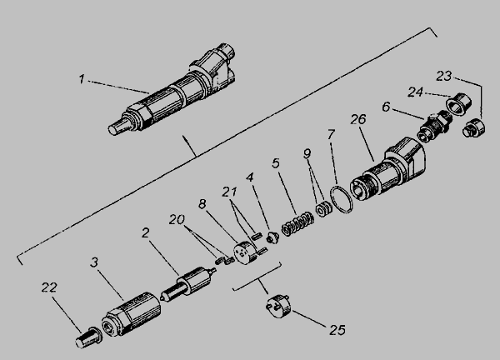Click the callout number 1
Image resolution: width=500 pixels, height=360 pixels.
coord(82,79)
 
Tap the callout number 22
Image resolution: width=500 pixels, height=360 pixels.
coord(49,287)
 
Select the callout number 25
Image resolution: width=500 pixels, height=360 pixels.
coord(337,330)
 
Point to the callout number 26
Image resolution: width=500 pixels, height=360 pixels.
coord(358,119)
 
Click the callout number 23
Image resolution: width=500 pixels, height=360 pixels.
coord(444,76)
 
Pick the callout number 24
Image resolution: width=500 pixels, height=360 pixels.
coord(416,92)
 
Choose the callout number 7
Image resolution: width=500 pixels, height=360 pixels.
coord(331,135)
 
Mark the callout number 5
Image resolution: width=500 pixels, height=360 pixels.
coord(276,163)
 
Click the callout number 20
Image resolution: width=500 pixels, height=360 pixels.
coord(177,219)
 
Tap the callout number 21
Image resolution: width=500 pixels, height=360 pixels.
coord(230,192)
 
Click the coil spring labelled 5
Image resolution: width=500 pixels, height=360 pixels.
coord(297,224)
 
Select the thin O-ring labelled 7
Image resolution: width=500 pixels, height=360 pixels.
coord(341,200)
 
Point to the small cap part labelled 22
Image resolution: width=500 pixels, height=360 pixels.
coord(88,337)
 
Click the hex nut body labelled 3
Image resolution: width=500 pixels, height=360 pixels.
coord(131,314)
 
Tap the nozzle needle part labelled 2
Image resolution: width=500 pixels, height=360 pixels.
coord(188,284)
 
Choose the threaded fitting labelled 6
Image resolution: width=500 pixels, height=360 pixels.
coord(435,127)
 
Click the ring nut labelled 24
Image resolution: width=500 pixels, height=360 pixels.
coord(458,104)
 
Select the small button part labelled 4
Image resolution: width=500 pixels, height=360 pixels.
coord(272,237)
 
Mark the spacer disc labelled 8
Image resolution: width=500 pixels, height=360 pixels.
coord(244,253)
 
